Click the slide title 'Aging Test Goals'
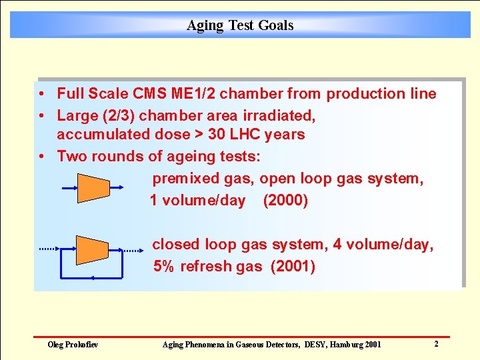pos(240,25)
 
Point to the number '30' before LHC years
pos(217,135)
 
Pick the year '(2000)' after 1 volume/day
pos(286,201)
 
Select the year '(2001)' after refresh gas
pos(293,267)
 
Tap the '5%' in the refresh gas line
pos(164,267)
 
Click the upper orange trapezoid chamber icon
pos(93,188)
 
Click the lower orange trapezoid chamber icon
pos(92,249)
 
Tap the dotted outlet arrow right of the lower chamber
pos(132,250)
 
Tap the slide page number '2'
pos(436,344)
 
